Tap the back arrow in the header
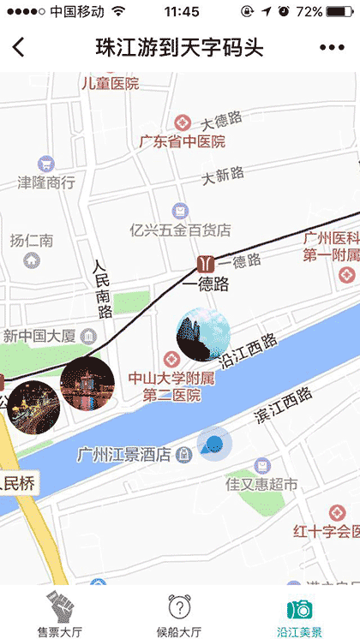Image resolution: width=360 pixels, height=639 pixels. point(19,48)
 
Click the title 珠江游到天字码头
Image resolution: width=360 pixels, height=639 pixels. point(179,48)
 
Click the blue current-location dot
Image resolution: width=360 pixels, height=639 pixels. point(213,444)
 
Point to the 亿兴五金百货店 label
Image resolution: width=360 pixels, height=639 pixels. point(180,230)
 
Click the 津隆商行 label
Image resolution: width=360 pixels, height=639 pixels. point(46,182)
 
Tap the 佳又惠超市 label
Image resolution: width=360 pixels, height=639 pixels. point(261,485)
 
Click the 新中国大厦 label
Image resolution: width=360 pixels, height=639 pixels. point(39,334)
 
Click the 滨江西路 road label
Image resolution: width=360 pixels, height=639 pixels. point(284,406)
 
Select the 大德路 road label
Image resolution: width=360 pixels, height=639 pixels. point(222,118)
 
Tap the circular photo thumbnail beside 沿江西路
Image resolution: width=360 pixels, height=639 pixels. point(203,336)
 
